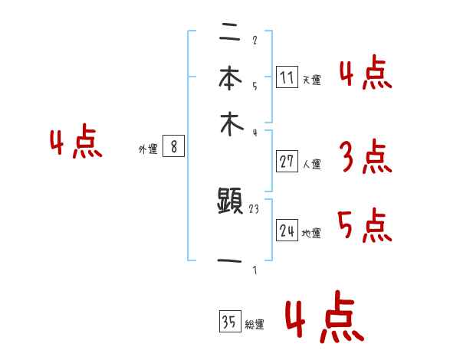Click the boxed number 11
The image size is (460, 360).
tap(287, 77)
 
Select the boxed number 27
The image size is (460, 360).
tap(287, 162)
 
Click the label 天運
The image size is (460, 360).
tap(311, 80)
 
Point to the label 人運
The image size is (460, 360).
tap(311, 164)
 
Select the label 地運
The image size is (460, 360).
tap(311, 234)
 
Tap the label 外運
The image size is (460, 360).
tap(148, 150)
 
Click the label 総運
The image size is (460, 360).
tap(255, 325)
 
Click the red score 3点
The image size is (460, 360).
tap(364, 159)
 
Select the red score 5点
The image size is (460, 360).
tap(364, 226)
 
